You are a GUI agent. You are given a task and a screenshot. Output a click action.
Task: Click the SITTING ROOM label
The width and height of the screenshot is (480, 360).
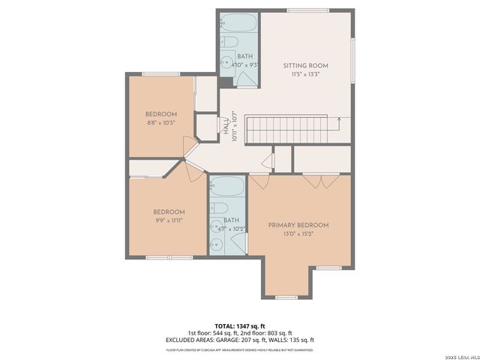[x=305, y=67]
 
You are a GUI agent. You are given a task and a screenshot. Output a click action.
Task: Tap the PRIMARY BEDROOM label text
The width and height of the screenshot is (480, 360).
[x=298, y=225]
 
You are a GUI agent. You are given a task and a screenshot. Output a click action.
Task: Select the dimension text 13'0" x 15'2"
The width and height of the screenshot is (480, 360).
[x=298, y=234]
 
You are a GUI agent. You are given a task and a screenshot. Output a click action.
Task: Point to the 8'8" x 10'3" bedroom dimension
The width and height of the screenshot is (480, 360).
[x=160, y=123]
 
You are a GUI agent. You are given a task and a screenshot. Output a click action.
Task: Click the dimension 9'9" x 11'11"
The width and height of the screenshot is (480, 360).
[x=169, y=220]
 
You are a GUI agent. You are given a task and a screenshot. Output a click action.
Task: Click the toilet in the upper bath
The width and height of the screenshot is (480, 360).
[x=231, y=42]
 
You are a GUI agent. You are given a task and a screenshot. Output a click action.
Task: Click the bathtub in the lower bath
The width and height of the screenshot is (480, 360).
[x=227, y=187]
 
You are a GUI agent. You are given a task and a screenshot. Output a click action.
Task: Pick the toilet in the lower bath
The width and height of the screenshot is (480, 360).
[x=219, y=208]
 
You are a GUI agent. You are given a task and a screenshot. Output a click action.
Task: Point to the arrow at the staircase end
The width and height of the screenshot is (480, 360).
[x=340, y=118]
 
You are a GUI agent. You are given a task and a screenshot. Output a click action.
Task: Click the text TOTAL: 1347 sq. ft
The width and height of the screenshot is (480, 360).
[x=239, y=326]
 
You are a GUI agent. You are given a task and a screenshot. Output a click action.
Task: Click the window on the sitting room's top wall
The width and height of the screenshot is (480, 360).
[x=307, y=10]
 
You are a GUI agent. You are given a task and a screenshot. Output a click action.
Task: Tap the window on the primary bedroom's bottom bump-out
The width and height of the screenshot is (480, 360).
[x=286, y=297]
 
